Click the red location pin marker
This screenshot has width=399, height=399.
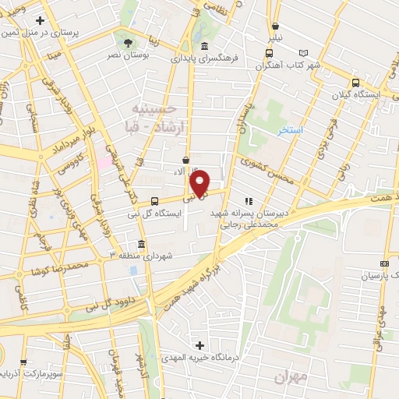pos(200,182)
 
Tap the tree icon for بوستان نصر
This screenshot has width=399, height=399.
pos(128,41)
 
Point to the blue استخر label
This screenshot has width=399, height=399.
pos(291,130)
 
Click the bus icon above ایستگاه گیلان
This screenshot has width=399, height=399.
pos(355,83)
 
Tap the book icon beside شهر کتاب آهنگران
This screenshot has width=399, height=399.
pos(303,52)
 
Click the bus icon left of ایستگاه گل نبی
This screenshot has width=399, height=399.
pos(154,201)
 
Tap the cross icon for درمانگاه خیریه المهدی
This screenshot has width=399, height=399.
pos(199,345)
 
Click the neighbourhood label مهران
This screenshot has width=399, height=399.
pos(291,376)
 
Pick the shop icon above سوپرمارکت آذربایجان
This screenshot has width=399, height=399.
pos(23,362)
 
